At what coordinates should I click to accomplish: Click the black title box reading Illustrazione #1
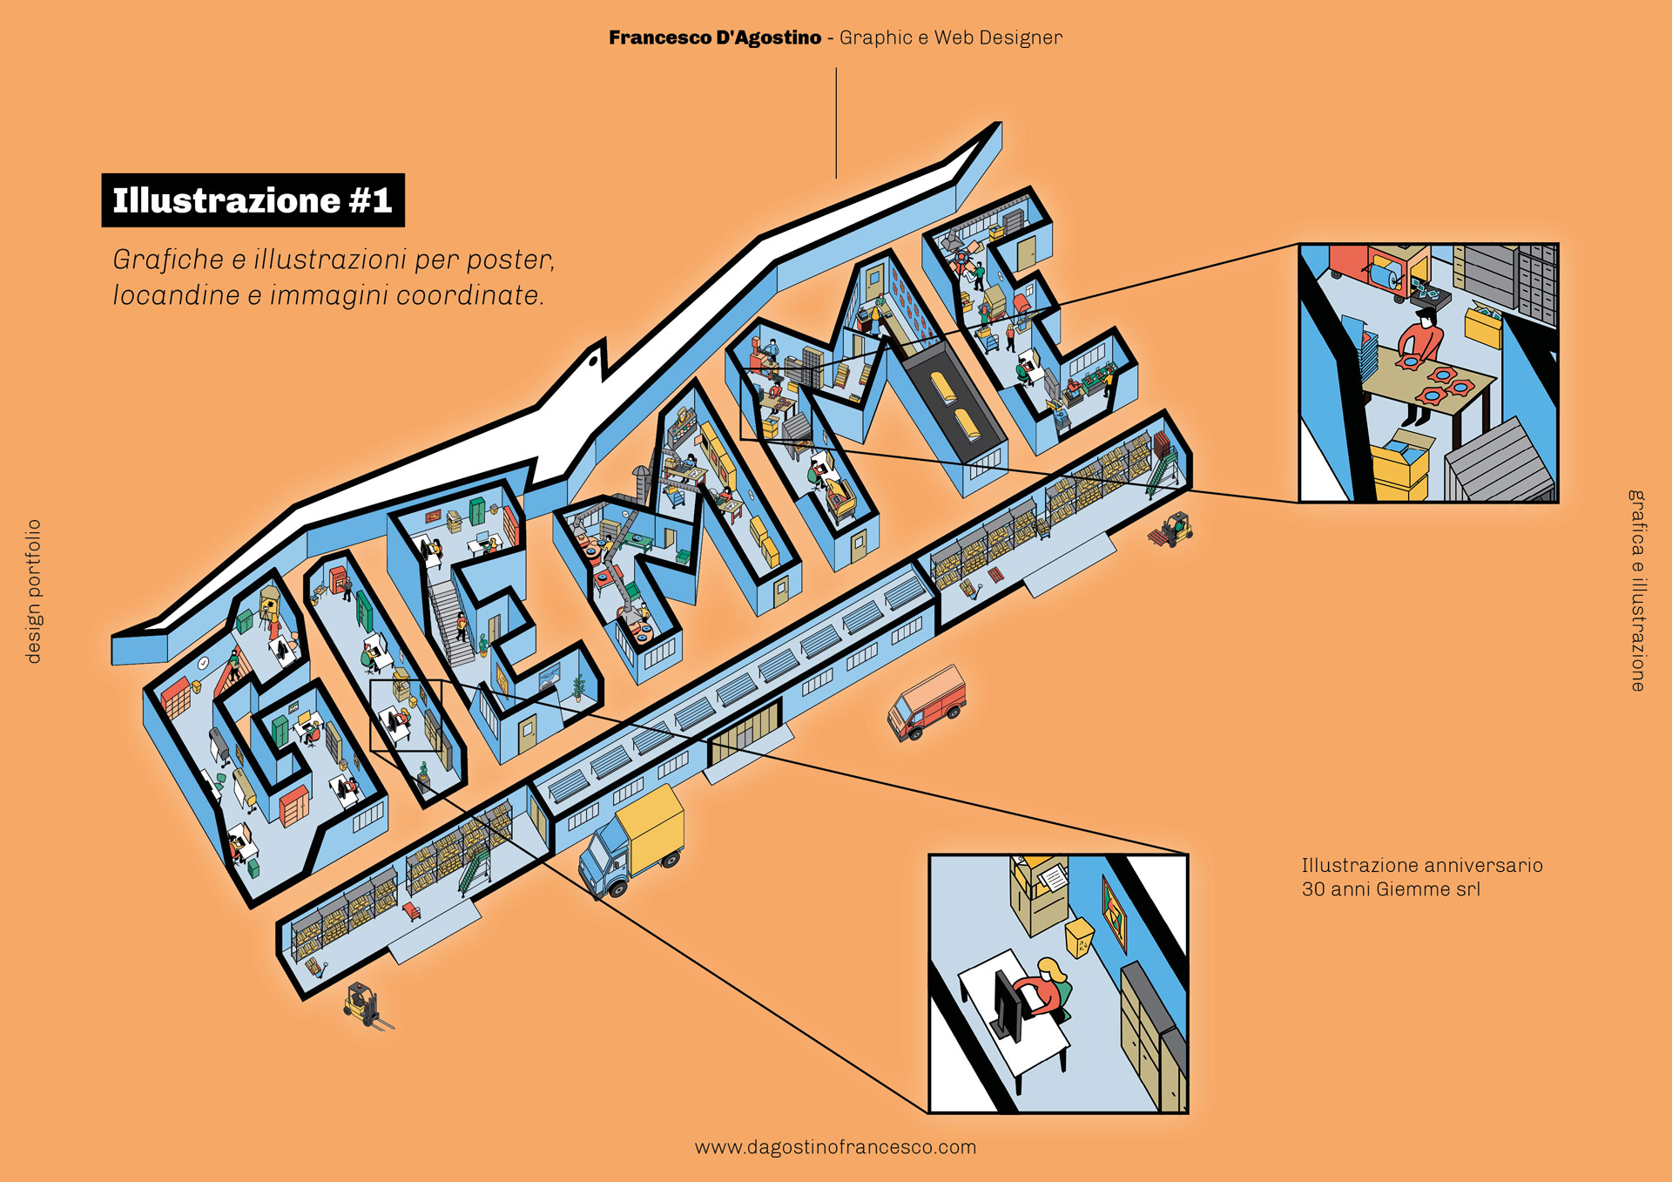coord(253,200)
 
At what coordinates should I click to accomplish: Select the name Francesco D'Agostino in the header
coord(715,37)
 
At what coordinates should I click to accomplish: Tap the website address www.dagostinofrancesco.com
coord(835,1147)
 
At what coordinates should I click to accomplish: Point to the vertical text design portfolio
coord(33,591)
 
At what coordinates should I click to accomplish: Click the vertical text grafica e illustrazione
coord(1637,591)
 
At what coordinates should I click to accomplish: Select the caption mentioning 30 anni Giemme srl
coord(1421,877)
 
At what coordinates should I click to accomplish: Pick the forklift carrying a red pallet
coord(1171,530)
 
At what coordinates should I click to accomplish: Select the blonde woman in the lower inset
coord(1049,989)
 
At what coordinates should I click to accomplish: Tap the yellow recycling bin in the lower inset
coord(1081,936)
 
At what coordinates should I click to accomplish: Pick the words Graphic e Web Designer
coord(951,37)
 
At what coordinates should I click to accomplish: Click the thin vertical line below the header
coord(836,123)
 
